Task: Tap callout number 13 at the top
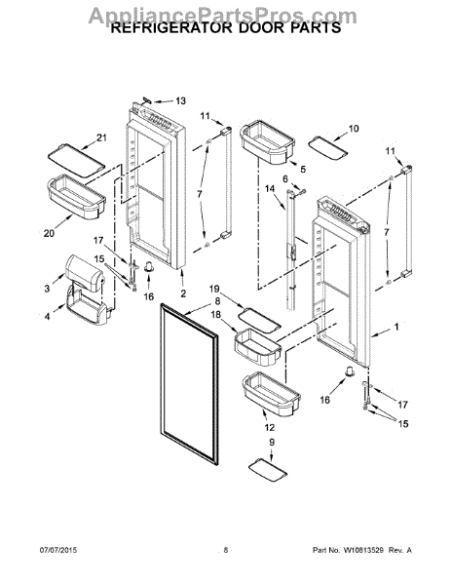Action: (179, 100)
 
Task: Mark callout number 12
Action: (269, 427)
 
